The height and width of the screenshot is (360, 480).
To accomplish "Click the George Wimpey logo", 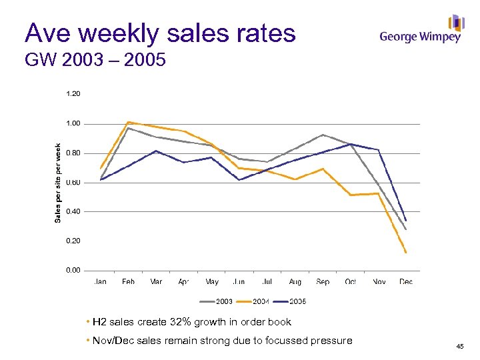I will coord(421,30).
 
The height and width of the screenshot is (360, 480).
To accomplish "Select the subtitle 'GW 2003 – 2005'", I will coord(95,62).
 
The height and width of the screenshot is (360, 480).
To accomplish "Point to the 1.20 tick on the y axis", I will coord(73,94).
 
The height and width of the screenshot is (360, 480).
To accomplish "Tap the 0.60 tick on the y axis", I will coord(73,182).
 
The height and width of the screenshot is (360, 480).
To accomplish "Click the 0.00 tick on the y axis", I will coord(73,270).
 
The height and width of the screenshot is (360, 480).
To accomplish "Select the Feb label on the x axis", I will coord(128,282).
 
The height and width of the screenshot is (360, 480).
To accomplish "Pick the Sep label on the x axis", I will coord(323,282).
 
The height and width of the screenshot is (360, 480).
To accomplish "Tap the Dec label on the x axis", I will coord(405,282).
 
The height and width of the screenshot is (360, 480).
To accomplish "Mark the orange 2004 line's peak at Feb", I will coord(128,122).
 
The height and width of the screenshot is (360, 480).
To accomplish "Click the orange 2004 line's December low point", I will coord(405,253).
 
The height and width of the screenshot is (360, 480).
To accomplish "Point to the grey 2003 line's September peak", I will coord(323,135).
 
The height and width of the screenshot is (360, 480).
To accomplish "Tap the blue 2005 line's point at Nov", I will coord(378,150).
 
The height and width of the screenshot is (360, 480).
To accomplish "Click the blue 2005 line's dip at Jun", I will coord(239,180).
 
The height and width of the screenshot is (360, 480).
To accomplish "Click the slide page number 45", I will coord(459,346).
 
